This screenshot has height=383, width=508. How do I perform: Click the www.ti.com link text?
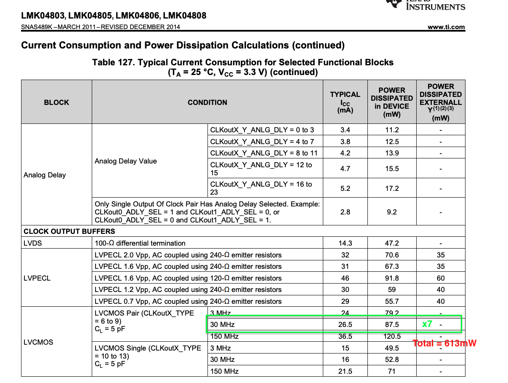point(446,27)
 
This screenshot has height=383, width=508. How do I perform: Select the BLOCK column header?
point(56,102)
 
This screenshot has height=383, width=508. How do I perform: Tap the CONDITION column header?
point(207,102)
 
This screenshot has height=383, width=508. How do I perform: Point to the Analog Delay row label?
point(45,175)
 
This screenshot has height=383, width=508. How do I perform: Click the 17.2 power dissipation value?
point(392,188)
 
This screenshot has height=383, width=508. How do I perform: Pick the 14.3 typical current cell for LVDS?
point(345,243)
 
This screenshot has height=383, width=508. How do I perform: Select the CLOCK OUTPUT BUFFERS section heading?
point(69,231)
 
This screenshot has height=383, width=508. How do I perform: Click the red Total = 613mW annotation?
point(444,343)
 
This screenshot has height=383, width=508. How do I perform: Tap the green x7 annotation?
point(427,324)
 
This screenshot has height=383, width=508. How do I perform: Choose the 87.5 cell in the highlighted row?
point(392,324)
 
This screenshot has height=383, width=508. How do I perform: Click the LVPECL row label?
point(37,278)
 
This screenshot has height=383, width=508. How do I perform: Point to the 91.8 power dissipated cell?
point(392,278)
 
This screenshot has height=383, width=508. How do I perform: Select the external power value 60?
point(441,278)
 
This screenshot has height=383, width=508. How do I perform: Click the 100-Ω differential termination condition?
point(140,243)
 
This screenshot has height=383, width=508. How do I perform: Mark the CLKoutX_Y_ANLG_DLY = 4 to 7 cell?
point(262,142)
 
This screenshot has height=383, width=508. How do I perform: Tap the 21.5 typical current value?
point(345,371)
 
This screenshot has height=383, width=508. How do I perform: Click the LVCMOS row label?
point(38,342)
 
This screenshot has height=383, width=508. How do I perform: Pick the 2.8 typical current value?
point(345,212)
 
